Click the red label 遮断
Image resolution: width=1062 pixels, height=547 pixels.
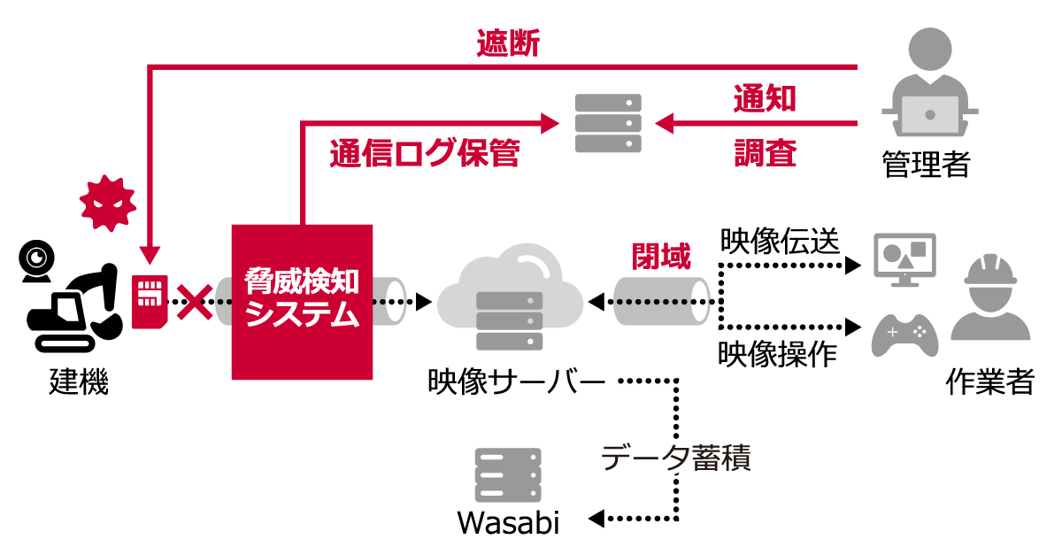coord(508,44)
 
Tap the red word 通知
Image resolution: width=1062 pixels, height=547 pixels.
coord(765,98)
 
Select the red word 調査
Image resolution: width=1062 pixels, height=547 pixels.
coord(765,154)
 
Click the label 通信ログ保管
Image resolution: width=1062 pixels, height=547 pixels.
coord(424,154)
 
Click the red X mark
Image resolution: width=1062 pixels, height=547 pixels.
coord(194,304)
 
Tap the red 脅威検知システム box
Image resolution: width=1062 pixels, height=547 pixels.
coord(302,302)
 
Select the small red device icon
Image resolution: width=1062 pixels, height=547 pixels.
coord(149,302)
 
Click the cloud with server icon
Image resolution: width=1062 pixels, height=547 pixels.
coord(510,297)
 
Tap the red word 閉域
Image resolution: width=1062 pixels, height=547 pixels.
coord(660,256)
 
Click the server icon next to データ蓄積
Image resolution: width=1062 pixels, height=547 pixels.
coord(508,475)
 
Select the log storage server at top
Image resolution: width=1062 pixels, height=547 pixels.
coord(608,123)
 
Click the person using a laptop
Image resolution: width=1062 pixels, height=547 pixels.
coord(929,84)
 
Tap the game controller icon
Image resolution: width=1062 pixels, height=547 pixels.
coord(904,335)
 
